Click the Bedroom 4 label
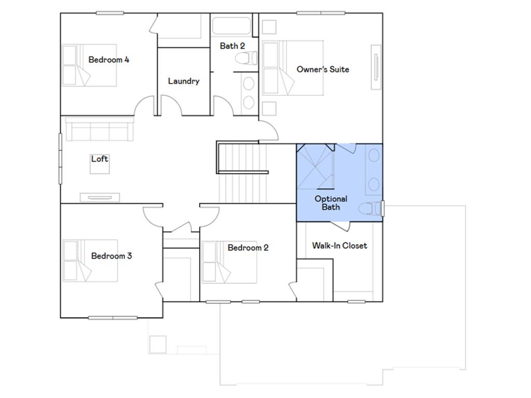coord(109,60)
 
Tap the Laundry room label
coord(184,81)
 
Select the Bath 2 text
coord(232,46)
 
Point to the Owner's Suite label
coord(323,69)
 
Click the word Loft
coord(100,159)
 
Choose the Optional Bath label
coord(331,203)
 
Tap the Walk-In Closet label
coord(339,245)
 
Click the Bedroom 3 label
coord(111,255)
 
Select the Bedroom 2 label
coord(248,248)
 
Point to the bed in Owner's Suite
coord(293,68)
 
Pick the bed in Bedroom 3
coord(90,261)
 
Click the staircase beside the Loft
coord(242,176)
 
